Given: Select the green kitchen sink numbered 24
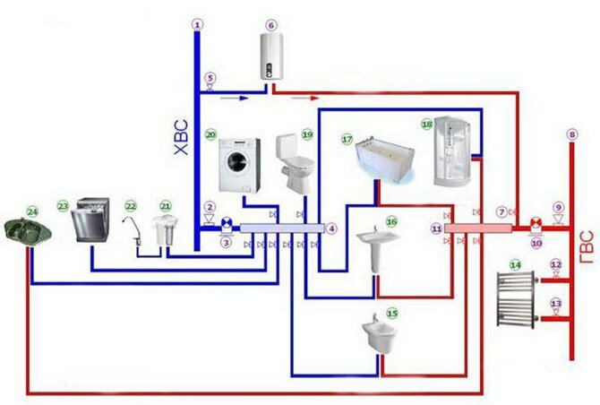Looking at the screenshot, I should tap(27, 232).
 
